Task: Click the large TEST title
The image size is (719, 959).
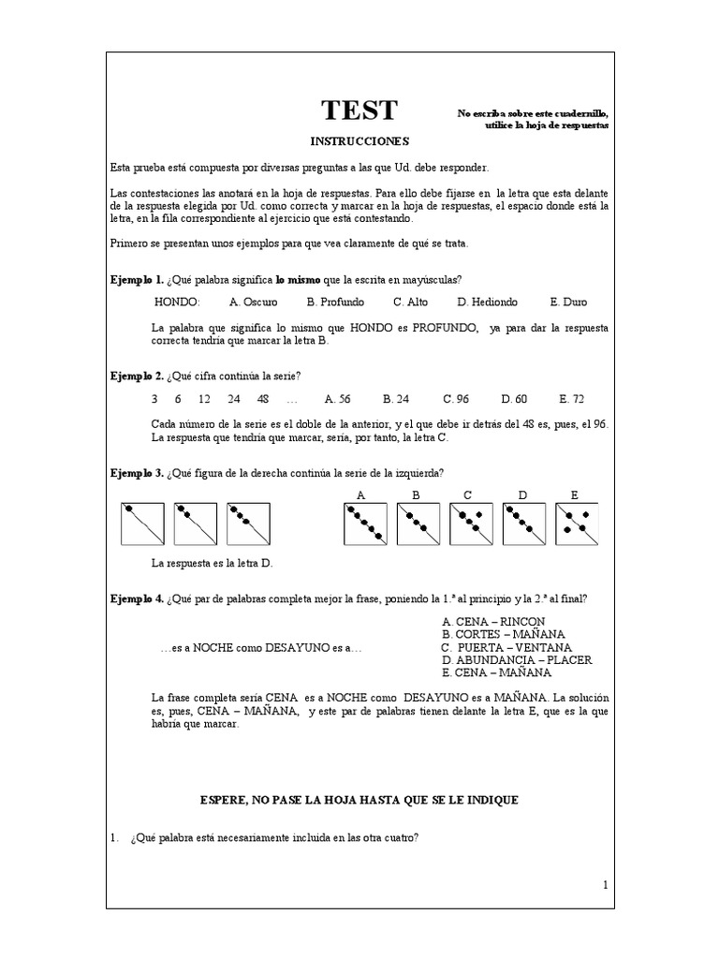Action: click(359, 111)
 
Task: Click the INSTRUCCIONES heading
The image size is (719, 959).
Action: click(359, 140)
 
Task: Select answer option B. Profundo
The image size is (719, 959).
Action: click(335, 302)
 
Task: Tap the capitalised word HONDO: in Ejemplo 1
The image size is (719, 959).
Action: click(177, 302)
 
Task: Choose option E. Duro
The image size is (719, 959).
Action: click(568, 302)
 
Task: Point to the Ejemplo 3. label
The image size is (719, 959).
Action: click(137, 472)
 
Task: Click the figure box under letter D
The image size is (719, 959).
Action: click(524, 524)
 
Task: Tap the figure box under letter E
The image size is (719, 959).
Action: click(577, 524)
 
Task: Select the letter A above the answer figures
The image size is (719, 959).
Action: click(361, 494)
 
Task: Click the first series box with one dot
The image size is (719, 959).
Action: click(142, 524)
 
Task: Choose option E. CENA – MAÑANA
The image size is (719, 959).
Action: click(496, 672)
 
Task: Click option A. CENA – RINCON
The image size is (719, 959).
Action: click(493, 622)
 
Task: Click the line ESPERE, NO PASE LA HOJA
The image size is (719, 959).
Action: click(359, 800)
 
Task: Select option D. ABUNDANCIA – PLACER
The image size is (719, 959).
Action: click(517, 660)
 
